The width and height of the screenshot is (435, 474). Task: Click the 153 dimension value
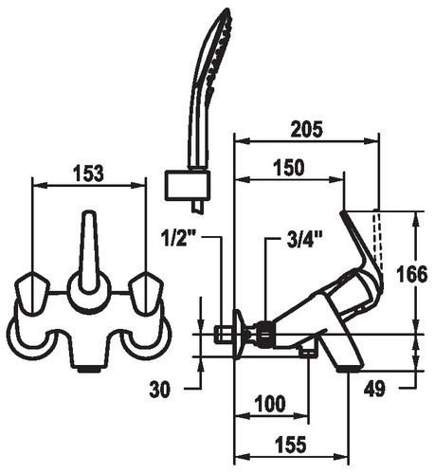tap(88, 173)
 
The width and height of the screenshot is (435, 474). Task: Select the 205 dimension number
tap(307, 129)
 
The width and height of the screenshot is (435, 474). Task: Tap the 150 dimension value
tap(289, 168)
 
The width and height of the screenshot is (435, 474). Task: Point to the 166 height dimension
tap(412, 274)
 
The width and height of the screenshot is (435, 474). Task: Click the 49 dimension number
tap(374, 389)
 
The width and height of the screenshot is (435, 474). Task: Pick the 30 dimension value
tap(159, 389)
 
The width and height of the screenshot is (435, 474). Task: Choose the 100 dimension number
tap(270, 404)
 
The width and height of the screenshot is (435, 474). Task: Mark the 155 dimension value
tap(291, 445)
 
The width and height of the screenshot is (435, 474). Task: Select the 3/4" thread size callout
tap(304, 239)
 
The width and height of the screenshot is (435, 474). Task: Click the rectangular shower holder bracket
tap(188, 185)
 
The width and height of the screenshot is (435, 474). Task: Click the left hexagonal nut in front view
tap(32, 292)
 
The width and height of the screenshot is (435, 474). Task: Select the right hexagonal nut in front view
tap(146, 292)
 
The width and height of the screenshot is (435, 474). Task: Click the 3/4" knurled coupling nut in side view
tap(266, 334)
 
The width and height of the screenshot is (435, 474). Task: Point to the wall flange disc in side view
tap(239, 334)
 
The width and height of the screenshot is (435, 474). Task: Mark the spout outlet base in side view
tap(350, 369)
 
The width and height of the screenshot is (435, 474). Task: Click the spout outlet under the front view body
tap(89, 369)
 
